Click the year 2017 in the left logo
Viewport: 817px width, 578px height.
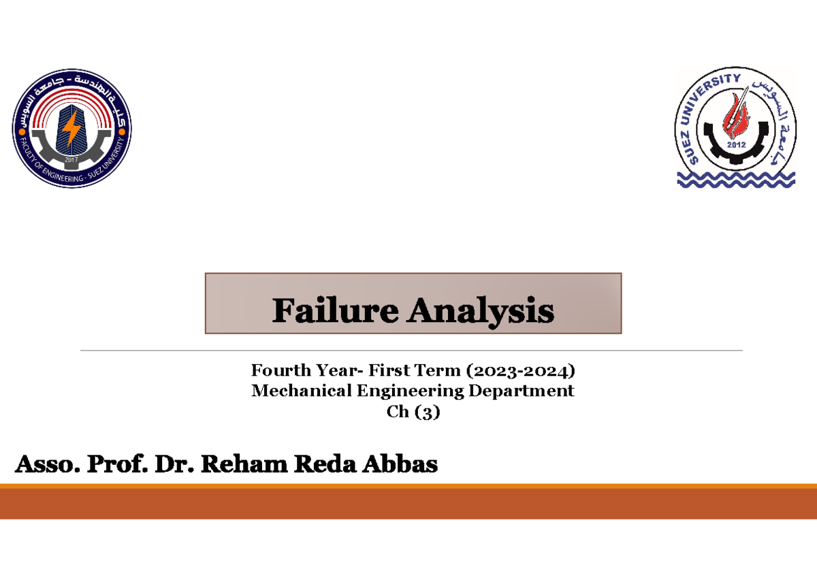point(72,160)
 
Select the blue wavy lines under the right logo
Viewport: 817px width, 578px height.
point(735,179)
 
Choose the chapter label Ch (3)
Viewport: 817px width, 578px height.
point(413,412)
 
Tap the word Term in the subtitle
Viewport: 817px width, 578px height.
point(443,371)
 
